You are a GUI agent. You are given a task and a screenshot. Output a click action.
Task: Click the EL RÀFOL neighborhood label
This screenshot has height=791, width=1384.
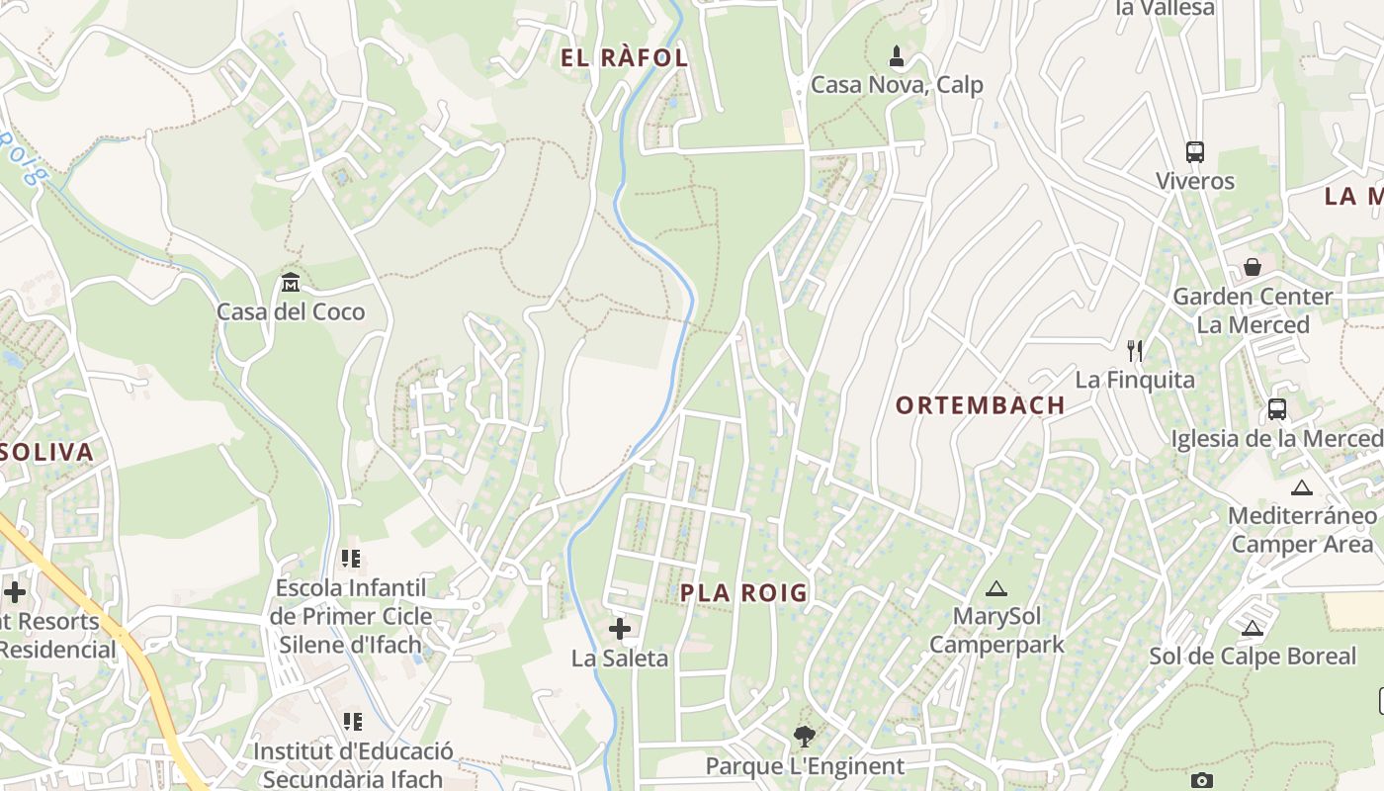(x=624, y=57)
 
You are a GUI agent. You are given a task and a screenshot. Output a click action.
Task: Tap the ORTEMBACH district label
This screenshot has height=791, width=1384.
(x=980, y=404)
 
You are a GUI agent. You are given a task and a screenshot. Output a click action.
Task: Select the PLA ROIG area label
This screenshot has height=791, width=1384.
(x=743, y=592)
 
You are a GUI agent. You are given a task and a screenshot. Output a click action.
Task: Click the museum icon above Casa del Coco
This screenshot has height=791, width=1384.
(x=291, y=283)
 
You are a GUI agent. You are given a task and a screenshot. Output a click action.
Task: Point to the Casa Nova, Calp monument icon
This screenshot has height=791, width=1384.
(x=897, y=56)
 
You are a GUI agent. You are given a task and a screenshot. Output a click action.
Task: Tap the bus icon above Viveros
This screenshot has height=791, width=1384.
(x=1195, y=152)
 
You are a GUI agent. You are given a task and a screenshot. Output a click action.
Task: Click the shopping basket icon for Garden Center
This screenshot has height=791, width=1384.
(x=1253, y=267)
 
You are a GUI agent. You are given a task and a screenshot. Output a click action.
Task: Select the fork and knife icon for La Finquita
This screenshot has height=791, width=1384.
(x=1135, y=350)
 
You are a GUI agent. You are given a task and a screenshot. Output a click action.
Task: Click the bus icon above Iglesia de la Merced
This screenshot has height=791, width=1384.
(x=1277, y=408)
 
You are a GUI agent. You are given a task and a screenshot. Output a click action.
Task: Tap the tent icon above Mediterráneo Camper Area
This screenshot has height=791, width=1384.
(x=1302, y=486)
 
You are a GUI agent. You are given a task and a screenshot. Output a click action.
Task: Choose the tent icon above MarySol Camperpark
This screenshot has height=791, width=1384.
(x=996, y=588)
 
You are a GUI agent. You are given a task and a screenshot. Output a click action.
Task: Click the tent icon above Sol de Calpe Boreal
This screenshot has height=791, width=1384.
(x=1253, y=627)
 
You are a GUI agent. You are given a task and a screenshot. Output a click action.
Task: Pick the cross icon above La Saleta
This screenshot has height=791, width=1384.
(x=620, y=628)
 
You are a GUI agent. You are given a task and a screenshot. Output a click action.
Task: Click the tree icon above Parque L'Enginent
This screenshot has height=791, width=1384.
(x=805, y=737)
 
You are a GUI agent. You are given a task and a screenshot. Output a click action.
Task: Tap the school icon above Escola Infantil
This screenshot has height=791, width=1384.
(x=351, y=559)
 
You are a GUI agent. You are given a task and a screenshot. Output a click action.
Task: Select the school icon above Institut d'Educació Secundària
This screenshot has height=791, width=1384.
(x=352, y=722)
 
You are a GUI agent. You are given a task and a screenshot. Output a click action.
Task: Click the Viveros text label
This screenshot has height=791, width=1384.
(x=1195, y=181)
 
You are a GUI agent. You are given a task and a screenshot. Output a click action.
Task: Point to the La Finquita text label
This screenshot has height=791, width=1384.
(x=1135, y=380)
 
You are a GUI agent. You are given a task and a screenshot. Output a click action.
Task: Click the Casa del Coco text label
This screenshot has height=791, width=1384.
(x=291, y=311)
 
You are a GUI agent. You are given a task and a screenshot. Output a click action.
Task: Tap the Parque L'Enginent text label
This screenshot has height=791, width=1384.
(x=805, y=766)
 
